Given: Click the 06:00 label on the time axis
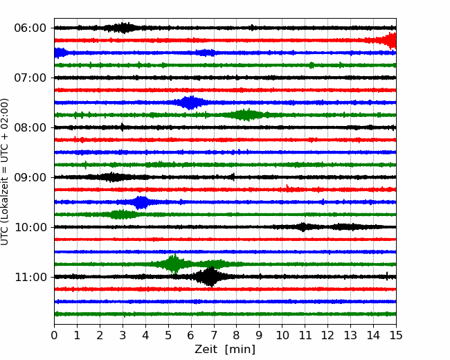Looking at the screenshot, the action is click(30, 28).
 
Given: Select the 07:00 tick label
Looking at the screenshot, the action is click(30, 78).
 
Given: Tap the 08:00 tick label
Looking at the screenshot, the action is click(30, 127).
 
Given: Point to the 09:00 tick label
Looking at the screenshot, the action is click(30, 177).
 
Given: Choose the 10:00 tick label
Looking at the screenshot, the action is click(30, 227).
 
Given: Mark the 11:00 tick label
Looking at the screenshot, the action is click(30, 277).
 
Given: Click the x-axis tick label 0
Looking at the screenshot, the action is click(54, 335).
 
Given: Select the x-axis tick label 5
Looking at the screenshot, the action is click(168, 335).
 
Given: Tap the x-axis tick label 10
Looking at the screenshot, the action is click(282, 335).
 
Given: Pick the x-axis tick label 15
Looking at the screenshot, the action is click(396, 335).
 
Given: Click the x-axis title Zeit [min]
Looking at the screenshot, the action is click(225, 350).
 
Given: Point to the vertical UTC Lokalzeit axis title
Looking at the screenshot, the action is click(5, 172).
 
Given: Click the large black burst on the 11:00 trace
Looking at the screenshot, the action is click(210, 277).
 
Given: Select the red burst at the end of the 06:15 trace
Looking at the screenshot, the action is click(386, 40).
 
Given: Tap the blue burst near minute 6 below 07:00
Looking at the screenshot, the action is click(190, 102).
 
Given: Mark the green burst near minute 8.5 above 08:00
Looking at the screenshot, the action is click(247, 115).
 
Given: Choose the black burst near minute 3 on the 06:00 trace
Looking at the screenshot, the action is click(122, 28).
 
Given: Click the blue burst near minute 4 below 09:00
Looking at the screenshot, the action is click(141, 202).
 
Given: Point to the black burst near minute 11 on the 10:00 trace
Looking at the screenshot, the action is click(303, 227).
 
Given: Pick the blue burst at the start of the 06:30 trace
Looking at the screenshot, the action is click(61, 53).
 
